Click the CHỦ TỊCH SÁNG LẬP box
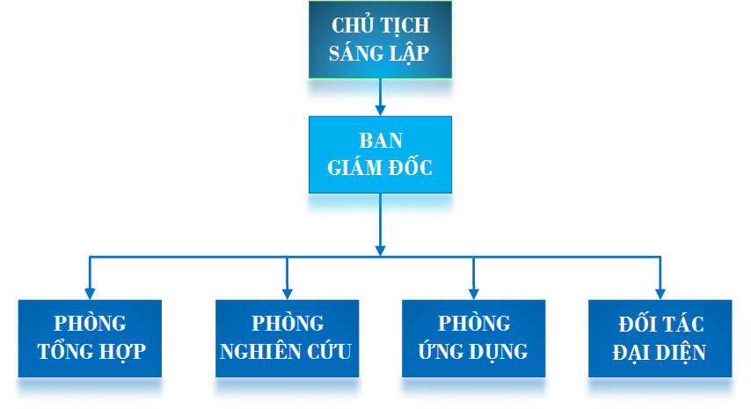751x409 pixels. point(380,40)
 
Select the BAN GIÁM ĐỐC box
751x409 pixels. point(380,154)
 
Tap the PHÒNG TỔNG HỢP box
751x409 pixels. point(91,339)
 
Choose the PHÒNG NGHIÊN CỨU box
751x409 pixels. point(287,339)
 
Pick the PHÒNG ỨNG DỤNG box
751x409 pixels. point(473,339)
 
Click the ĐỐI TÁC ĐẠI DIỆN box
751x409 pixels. point(660,339)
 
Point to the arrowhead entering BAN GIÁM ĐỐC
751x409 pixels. point(380,110)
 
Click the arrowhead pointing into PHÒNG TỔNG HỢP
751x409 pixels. point(91,293)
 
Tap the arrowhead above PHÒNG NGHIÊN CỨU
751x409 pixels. point(287,293)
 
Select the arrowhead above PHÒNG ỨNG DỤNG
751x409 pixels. point(473,293)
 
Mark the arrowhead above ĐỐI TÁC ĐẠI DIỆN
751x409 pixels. point(660,293)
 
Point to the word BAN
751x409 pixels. point(380,141)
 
